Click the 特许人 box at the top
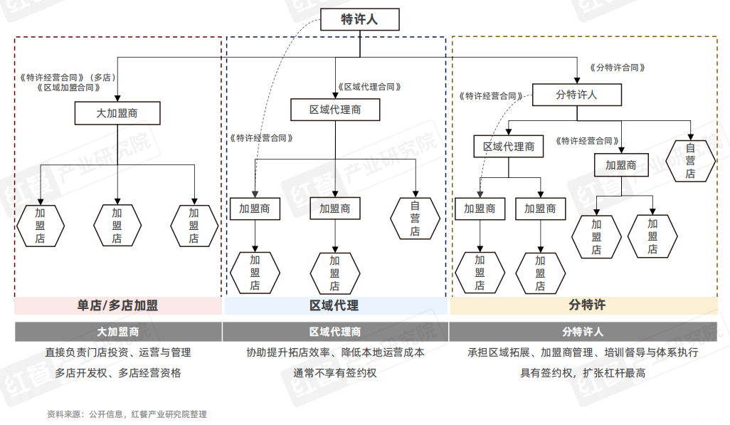pyautogui.click(x=359, y=19)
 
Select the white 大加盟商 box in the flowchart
pyautogui.click(x=117, y=113)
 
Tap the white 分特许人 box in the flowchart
pyautogui.click(x=576, y=95)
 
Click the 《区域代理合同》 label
pyautogui.click(x=369, y=87)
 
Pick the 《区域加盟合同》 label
pyautogui.click(x=68, y=88)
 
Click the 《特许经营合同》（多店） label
pyautogui.click(x=68, y=77)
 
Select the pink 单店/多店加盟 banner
pyautogui.click(x=117, y=305)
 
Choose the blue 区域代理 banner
pyautogui.click(x=334, y=305)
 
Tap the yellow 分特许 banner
pyautogui.click(x=583, y=305)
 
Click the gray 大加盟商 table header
pyautogui.click(x=117, y=332)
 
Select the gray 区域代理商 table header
pyautogui.click(x=334, y=332)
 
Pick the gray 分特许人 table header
pyautogui.click(x=583, y=332)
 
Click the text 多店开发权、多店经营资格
pyautogui.click(x=117, y=372)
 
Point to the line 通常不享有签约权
pyautogui.click(x=334, y=372)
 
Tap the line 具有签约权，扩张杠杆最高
pyautogui.click(x=583, y=372)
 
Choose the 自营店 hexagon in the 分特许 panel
pyautogui.click(x=689, y=161)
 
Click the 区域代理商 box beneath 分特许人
pyautogui.click(x=509, y=147)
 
